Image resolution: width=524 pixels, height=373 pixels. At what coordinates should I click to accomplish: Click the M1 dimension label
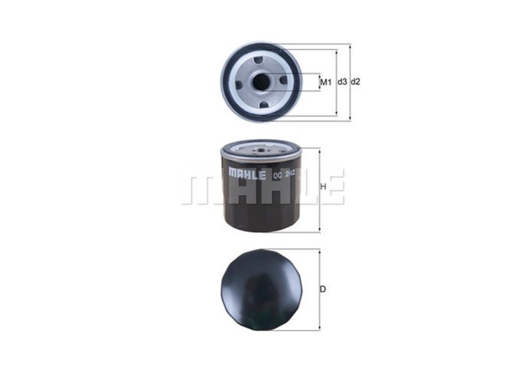coord(325,83)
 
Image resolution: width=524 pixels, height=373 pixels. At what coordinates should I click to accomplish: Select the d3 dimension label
coord(342,82)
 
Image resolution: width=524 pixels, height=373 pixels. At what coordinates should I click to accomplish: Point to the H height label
coord(323,187)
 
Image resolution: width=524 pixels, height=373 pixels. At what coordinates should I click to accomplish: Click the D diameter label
coord(324,288)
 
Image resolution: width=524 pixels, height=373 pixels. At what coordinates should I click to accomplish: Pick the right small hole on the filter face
coord(283,81)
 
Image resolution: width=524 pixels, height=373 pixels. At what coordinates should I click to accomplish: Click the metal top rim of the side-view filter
coord(261,148)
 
